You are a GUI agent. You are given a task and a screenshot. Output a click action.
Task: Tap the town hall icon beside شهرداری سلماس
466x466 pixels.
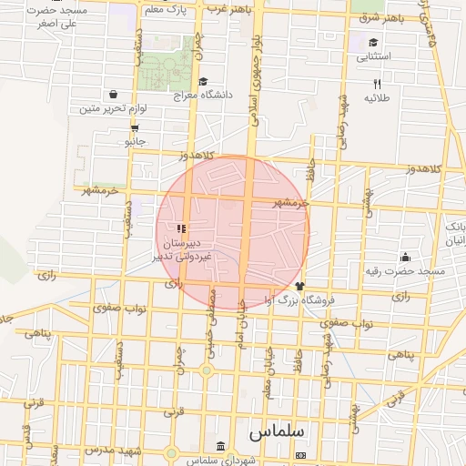point(222,445)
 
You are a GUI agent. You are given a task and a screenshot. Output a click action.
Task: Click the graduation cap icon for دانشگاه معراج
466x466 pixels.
point(202,81)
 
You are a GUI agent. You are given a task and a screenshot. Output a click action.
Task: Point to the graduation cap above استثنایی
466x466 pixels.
point(373,43)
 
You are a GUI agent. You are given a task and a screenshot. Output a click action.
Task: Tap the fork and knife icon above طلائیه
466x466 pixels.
point(377,83)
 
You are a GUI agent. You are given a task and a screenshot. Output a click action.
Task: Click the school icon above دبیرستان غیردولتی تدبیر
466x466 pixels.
point(181,228)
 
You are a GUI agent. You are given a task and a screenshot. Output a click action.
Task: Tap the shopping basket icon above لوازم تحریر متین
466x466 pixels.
point(113,95)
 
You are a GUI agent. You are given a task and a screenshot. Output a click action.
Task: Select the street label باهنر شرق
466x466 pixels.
point(380,18)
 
